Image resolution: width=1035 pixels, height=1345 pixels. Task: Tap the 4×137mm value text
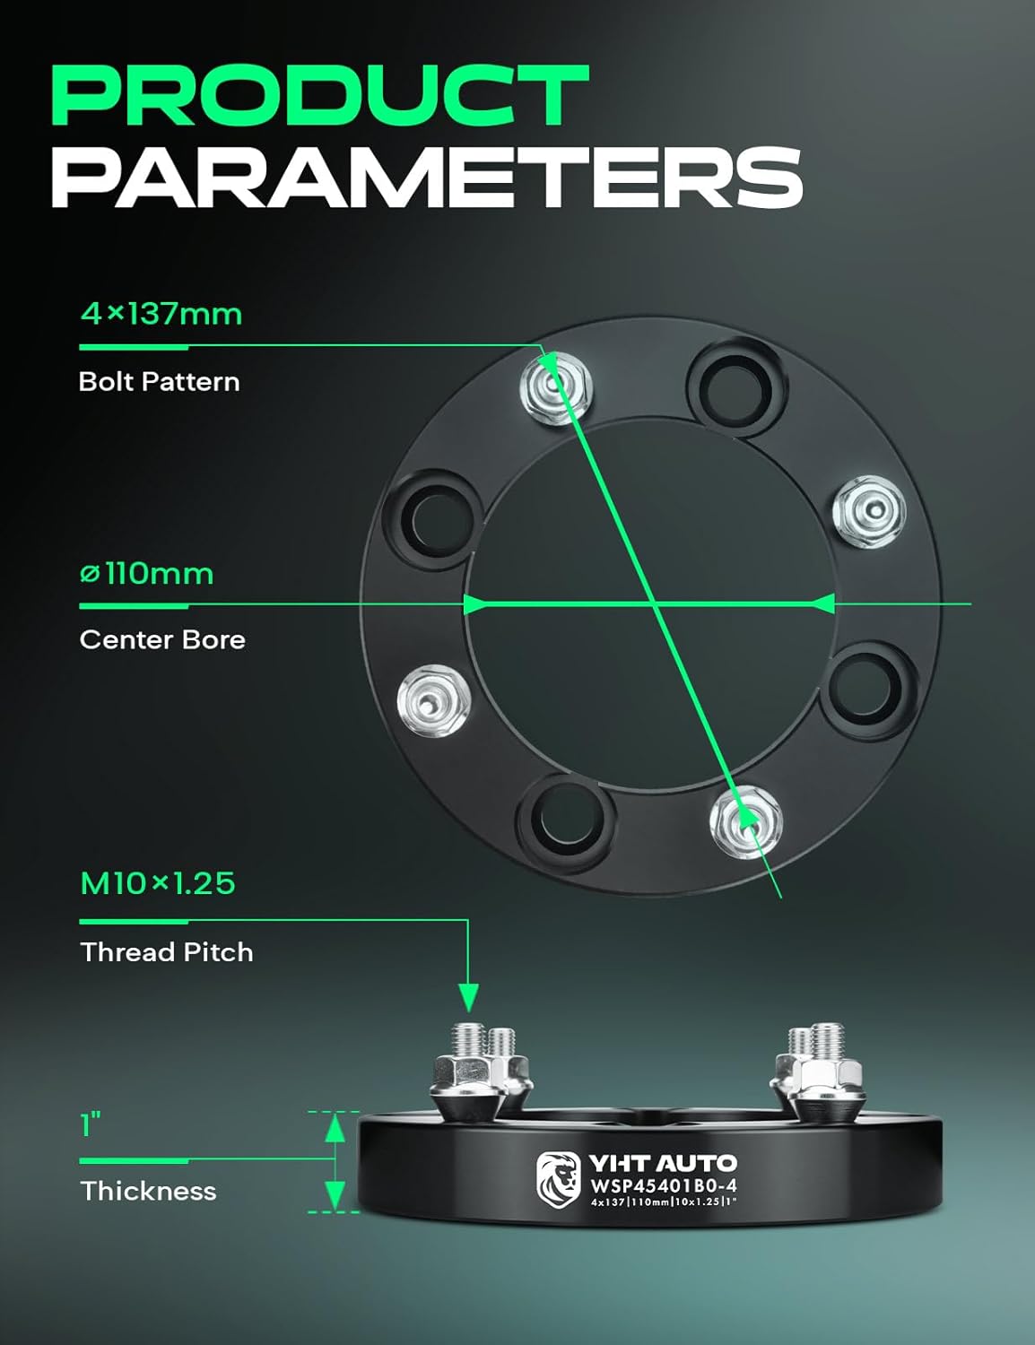coord(161,314)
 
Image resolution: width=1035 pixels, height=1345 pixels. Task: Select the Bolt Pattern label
coord(159,381)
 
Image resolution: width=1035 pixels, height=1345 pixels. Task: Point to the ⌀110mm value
coord(146,573)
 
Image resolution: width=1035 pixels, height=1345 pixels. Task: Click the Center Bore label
coord(161,639)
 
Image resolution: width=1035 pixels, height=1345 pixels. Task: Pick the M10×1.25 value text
coord(157,883)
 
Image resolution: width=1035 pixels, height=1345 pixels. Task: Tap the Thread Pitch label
coord(166,951)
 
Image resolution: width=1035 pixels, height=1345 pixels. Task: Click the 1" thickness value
coord(91,1124)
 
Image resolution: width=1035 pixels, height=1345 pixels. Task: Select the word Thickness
coord(148,1191)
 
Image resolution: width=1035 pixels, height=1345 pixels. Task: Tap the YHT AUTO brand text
coord(662,1164)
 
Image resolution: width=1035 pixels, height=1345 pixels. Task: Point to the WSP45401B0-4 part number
coord(663,1185)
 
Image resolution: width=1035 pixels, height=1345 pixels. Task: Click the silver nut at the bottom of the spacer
coord(745,820)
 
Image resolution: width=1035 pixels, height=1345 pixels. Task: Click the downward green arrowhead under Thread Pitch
coord(468,996)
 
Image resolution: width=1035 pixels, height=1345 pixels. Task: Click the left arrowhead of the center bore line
coord(475,603)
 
